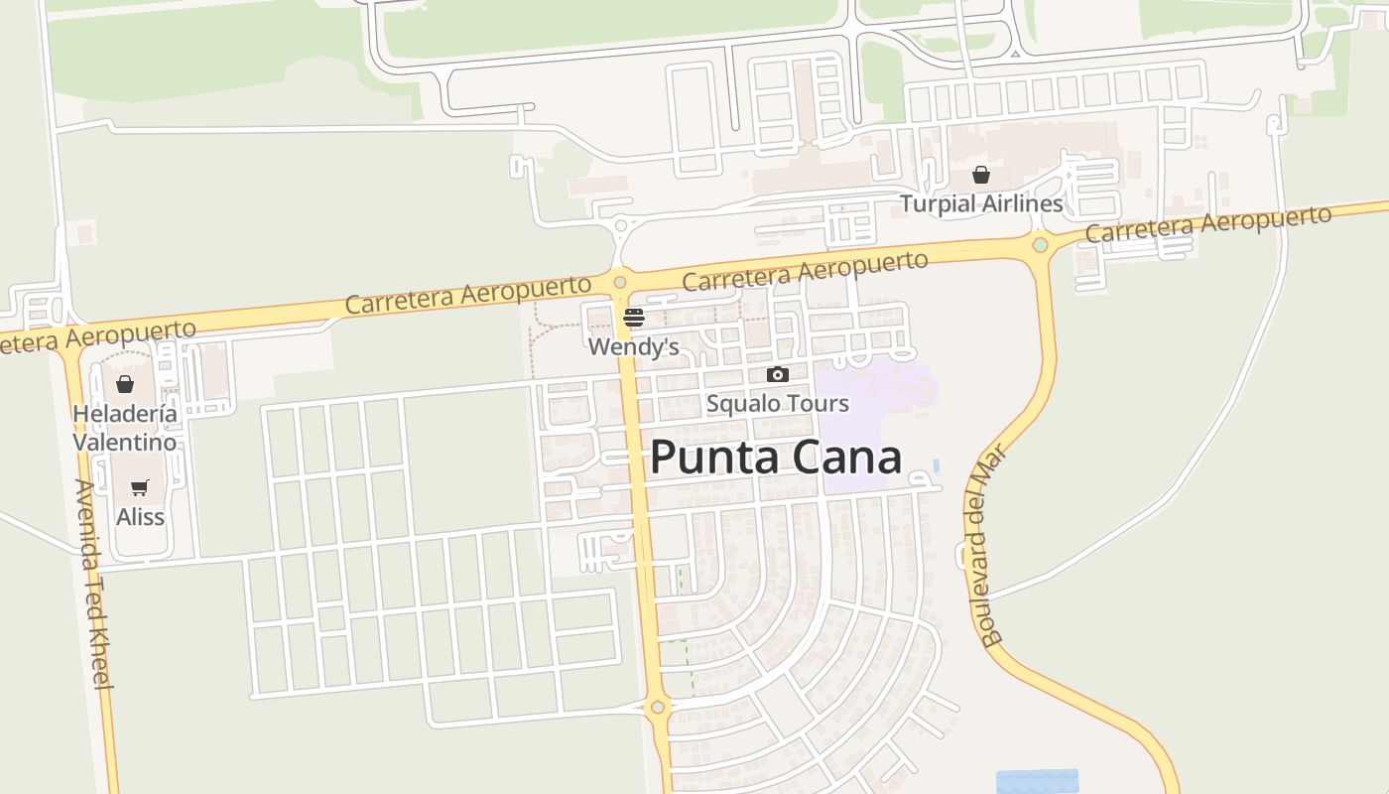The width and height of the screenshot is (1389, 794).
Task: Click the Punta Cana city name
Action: coord(776,458)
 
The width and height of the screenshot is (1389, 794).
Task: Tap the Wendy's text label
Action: coord(633,346)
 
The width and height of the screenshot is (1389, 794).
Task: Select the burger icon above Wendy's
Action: coord(633,318)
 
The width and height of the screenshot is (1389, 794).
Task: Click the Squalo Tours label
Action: coord(777,403)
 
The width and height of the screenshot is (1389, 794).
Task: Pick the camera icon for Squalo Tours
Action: coord(778,374)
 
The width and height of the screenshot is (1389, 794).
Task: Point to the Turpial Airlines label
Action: coord(980,204)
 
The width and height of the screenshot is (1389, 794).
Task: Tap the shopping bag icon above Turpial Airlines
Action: coord(980,175)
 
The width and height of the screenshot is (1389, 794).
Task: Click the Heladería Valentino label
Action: coord(125,428)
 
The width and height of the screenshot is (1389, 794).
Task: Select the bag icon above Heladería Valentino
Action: coord(125,384)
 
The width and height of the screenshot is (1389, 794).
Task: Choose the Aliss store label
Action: coord(140,517)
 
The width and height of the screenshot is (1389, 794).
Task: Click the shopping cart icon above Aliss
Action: coord(140,487)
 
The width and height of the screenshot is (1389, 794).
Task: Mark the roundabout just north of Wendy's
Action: coord(620,283)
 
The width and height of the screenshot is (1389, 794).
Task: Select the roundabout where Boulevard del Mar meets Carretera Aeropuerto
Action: coord(1040,244)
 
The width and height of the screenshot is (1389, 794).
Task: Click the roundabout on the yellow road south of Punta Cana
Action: coord(657,708)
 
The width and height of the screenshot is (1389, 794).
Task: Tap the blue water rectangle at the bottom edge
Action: coord(1037,781)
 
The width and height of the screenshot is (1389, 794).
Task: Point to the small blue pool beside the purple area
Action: coord(937,464)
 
